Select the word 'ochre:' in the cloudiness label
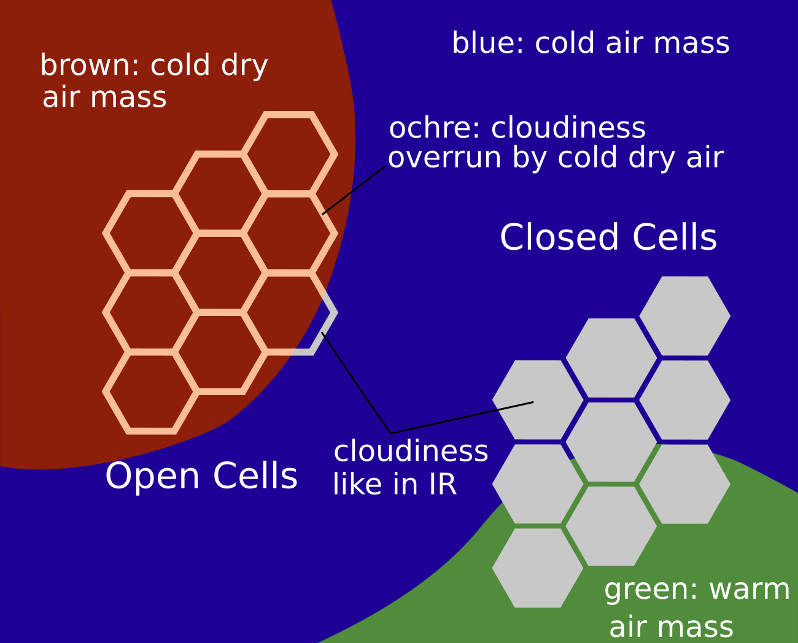click(x=434, y=128)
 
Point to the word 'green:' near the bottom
click(x=651, y=589)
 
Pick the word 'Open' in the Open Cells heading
click(x=152, y=476)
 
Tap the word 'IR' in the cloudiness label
click(x=443, y=484)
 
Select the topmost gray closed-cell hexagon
click(x=685, y=316)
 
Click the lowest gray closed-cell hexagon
click(x=538, y=568)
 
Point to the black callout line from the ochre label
click(x=354, y=190)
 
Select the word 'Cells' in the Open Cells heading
click(x=255, y=476)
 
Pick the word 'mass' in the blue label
click(x=691, y=44)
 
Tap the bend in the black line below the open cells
click(x=391, y=433)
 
